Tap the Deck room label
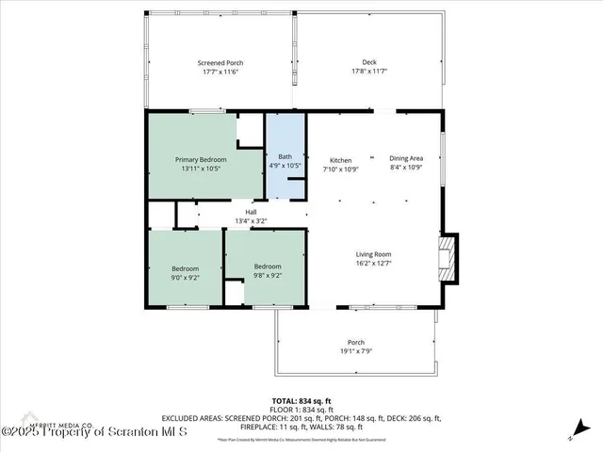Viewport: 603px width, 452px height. pyautogui.click(x=369, y=61)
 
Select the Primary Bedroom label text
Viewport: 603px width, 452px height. pyautogui.click(x=201, y=160)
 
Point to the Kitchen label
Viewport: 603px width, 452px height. pyautogui.click(x=340, y=159)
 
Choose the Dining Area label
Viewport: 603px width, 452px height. pyautogui.click(x=406, y=159)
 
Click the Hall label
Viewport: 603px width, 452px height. pyautogui.click(x=251, y=212)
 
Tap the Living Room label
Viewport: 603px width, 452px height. pyautogui.click(x=373, y=254)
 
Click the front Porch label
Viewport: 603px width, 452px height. pyautogui.click(x=356, y=342)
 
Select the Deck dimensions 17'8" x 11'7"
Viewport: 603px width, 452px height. pyautogui.click(x=369, y=72)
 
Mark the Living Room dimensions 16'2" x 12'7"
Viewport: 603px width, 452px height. pyautogui.click(x=373, y=265)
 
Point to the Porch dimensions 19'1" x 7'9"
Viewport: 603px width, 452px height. pyautogui.click(x=356, y=352)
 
